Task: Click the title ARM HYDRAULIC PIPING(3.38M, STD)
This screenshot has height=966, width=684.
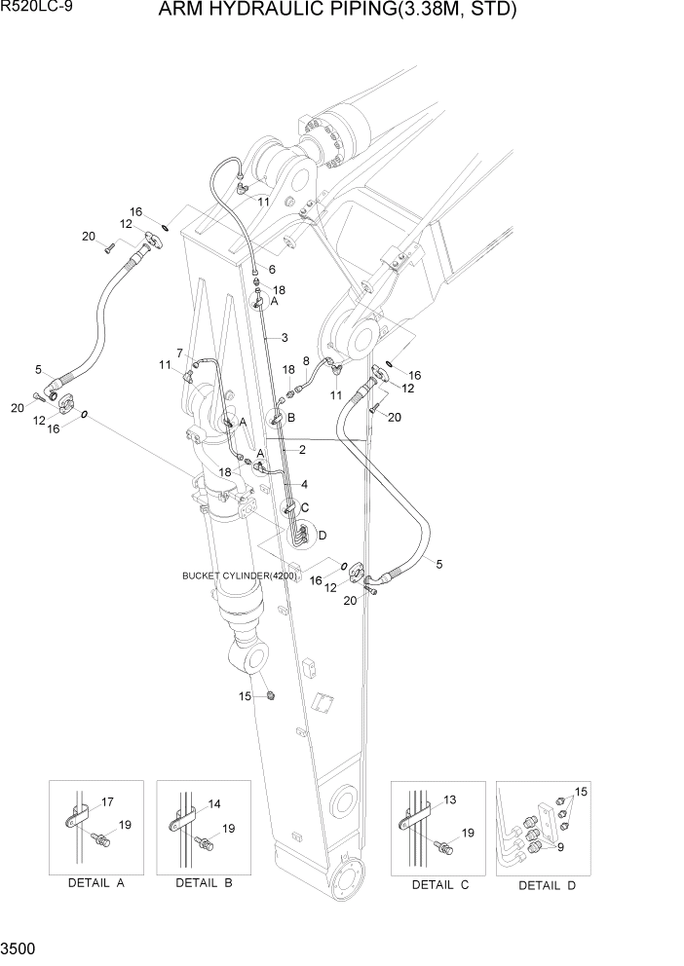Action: [348, 11]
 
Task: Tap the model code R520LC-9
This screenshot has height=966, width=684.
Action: [33, 9]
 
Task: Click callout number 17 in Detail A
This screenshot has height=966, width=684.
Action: [107, 801]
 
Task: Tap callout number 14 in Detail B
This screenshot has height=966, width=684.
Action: [214, 804]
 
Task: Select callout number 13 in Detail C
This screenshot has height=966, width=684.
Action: [448, 799]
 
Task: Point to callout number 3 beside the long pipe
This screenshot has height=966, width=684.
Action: [284, 338]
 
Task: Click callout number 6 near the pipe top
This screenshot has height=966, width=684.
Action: [272, 269]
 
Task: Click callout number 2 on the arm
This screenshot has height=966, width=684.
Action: [303, 450]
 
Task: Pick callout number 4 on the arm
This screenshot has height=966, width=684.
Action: [304, 483]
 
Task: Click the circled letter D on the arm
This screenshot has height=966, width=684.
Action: [323, 535]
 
